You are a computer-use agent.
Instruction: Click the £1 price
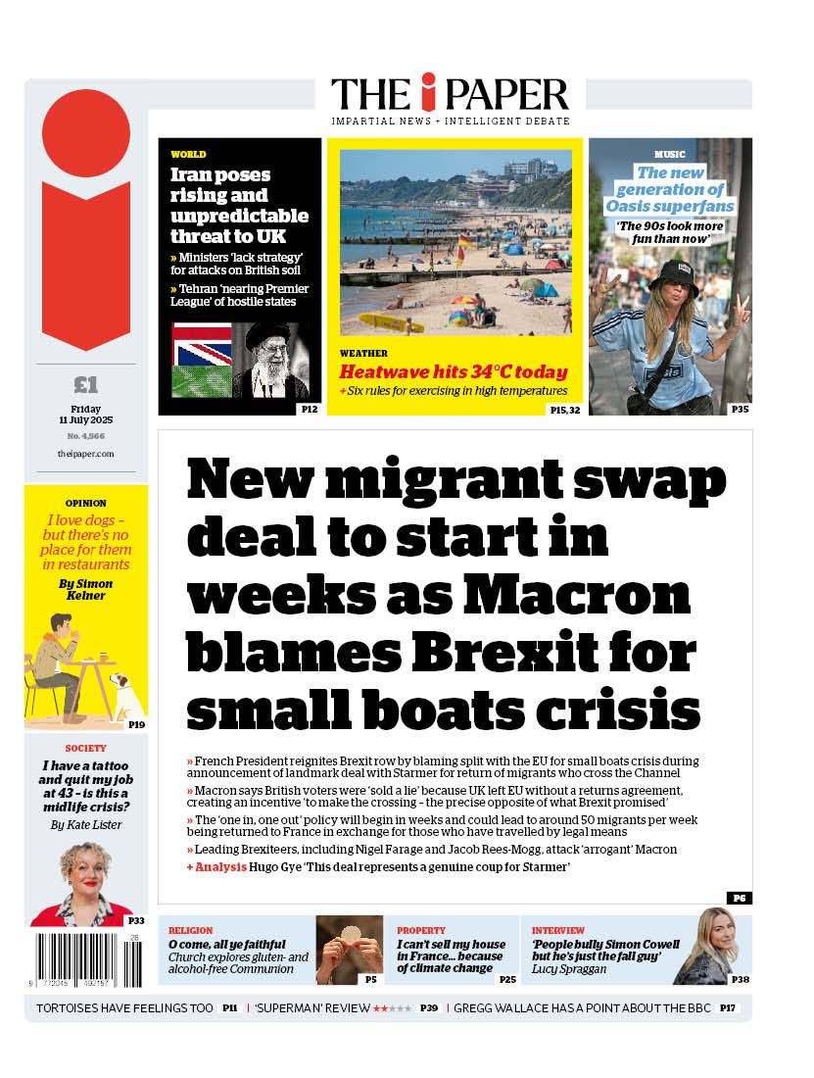[x=86, y=385]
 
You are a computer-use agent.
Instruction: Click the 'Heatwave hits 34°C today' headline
[x=454, y=372]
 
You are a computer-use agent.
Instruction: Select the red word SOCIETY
[x=86, y=748]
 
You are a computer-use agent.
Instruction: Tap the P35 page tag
[x=741, y=409]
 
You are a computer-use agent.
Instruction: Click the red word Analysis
[x=221, y=867]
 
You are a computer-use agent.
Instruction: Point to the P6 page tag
[x=740, y=898]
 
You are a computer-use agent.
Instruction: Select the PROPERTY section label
[x=421, y=930]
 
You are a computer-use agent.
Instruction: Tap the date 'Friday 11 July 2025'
[x=86, y=415]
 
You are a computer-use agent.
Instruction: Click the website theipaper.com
[x=86, y=454]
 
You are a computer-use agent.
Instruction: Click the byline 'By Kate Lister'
[x=86, y=825]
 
